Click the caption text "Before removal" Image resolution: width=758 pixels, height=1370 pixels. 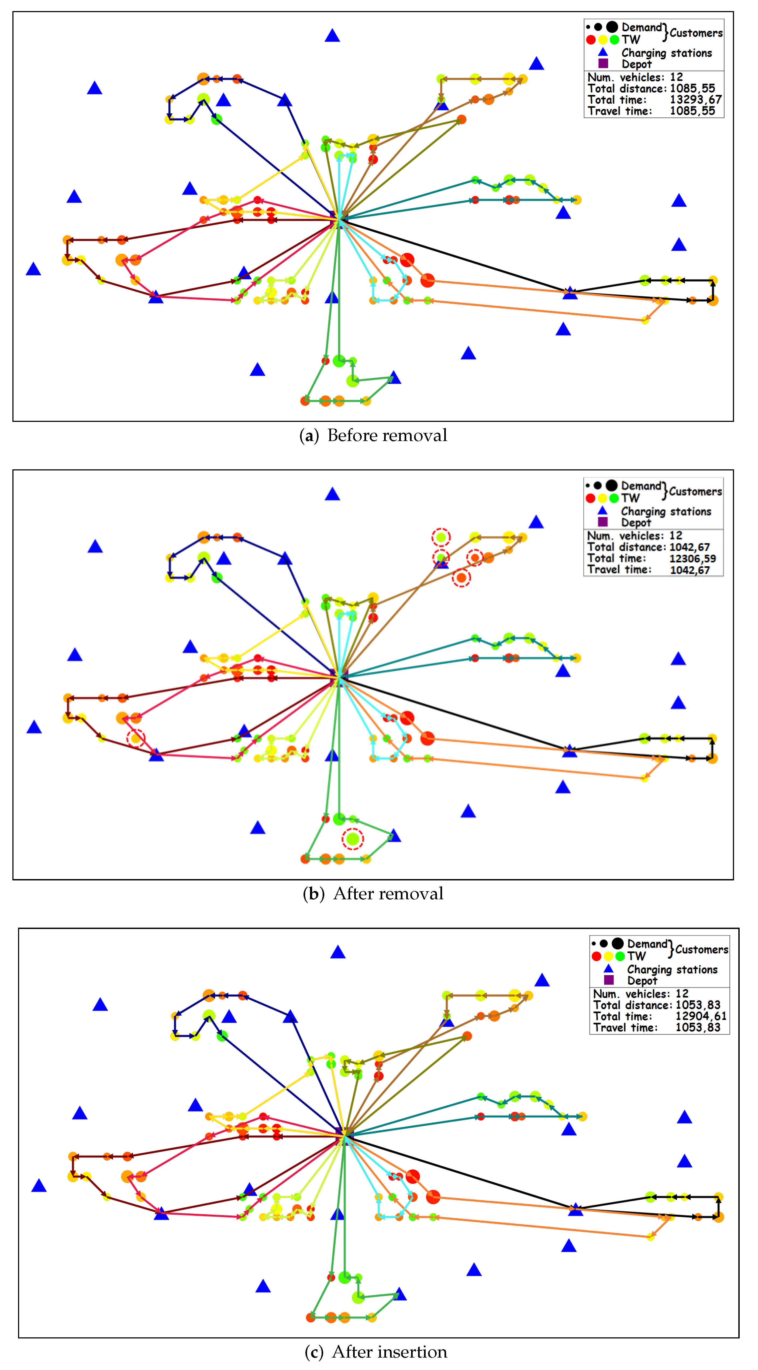(387, 436)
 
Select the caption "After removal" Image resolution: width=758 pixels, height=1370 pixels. (388, 893)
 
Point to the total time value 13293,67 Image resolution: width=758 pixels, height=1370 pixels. (695, 100)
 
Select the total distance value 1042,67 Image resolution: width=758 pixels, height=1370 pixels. (690, 547)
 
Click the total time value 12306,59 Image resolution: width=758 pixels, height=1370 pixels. (692, 558)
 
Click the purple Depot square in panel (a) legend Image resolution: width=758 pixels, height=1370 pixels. (603, 63)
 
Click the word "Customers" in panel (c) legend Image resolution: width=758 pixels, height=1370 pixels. (702, 949)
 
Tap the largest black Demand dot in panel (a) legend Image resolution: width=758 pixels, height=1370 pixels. (612, 27)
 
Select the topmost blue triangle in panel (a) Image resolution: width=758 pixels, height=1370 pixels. (332, 36)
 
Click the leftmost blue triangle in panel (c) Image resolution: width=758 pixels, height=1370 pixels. (39, 1185)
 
